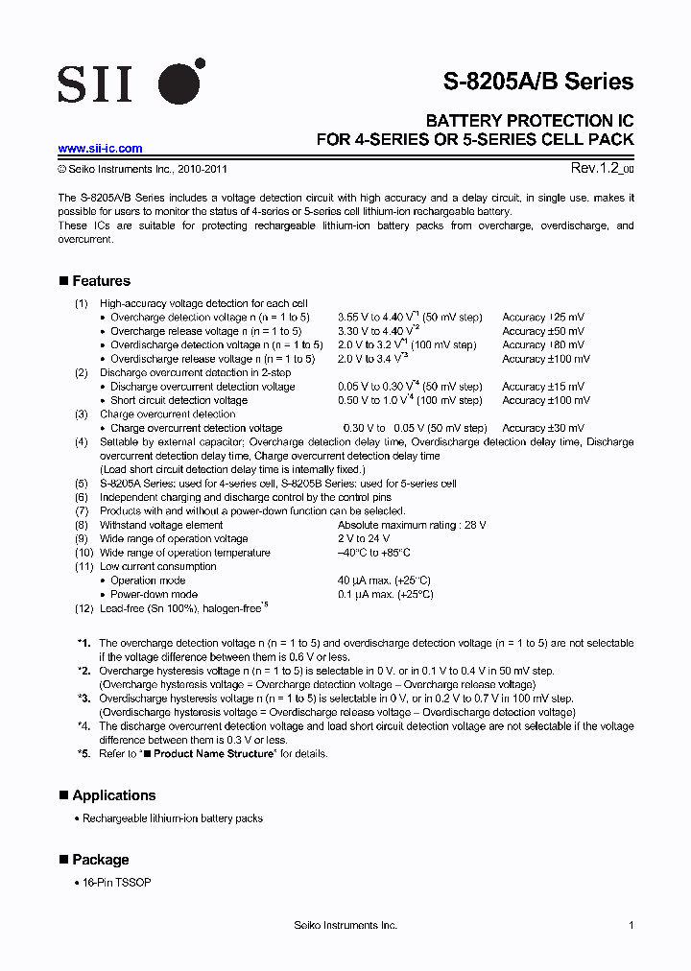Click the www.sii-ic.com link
coord(100,149)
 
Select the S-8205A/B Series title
coord(537,82)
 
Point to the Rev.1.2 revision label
coord(602,168)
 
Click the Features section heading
coord(101,281)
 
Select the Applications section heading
coord(113,795)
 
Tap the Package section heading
coord(100,860)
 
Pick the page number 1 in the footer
coord(631,925)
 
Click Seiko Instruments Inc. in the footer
coord(345,925)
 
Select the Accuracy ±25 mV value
coord(542,317)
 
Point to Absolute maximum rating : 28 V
coord(412,525)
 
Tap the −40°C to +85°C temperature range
coord(374,553)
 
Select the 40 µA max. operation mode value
coord(384,580)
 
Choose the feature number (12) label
coord(83,608)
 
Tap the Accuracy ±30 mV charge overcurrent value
coord(542,428)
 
